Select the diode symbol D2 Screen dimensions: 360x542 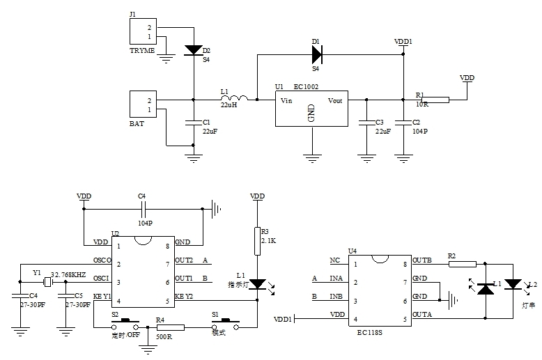pos(193,50)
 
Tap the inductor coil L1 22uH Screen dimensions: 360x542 pos(238,100)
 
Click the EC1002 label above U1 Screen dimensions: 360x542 pos(307,86)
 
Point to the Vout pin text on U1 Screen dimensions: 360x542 pos(335,101)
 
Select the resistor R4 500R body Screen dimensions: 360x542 pos(170,327)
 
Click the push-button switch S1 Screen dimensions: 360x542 pos(226,322)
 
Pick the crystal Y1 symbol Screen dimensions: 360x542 pos(47,282)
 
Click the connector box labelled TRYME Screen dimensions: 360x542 pos(144,32)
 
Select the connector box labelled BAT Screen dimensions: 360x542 pos(144,105)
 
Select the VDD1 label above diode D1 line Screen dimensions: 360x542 pos(403,42)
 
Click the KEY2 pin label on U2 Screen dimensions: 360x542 pos(184,297)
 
